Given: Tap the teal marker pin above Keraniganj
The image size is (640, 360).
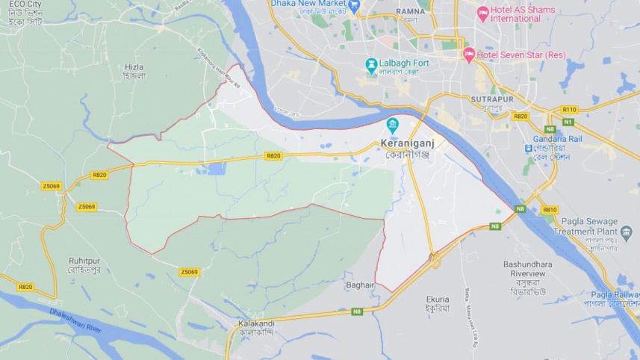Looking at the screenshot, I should (x=392, y=125).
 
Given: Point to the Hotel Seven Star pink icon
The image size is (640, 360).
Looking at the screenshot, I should (x=469, y=54).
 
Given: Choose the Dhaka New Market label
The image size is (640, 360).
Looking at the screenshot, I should (x=308, y=4).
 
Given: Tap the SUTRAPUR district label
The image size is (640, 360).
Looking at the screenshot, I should (x=491, y=99).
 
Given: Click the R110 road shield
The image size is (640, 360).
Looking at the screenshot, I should (x=570, y=109).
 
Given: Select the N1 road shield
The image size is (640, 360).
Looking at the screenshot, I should (x=568, y=121).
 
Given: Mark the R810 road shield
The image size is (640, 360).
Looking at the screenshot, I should (x=550, y=210).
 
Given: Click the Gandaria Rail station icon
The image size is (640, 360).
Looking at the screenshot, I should (x=528, y=148).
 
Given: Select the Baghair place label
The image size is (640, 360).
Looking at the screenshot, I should (x=359, y=285).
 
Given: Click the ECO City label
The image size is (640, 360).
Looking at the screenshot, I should (x=25, y=4).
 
